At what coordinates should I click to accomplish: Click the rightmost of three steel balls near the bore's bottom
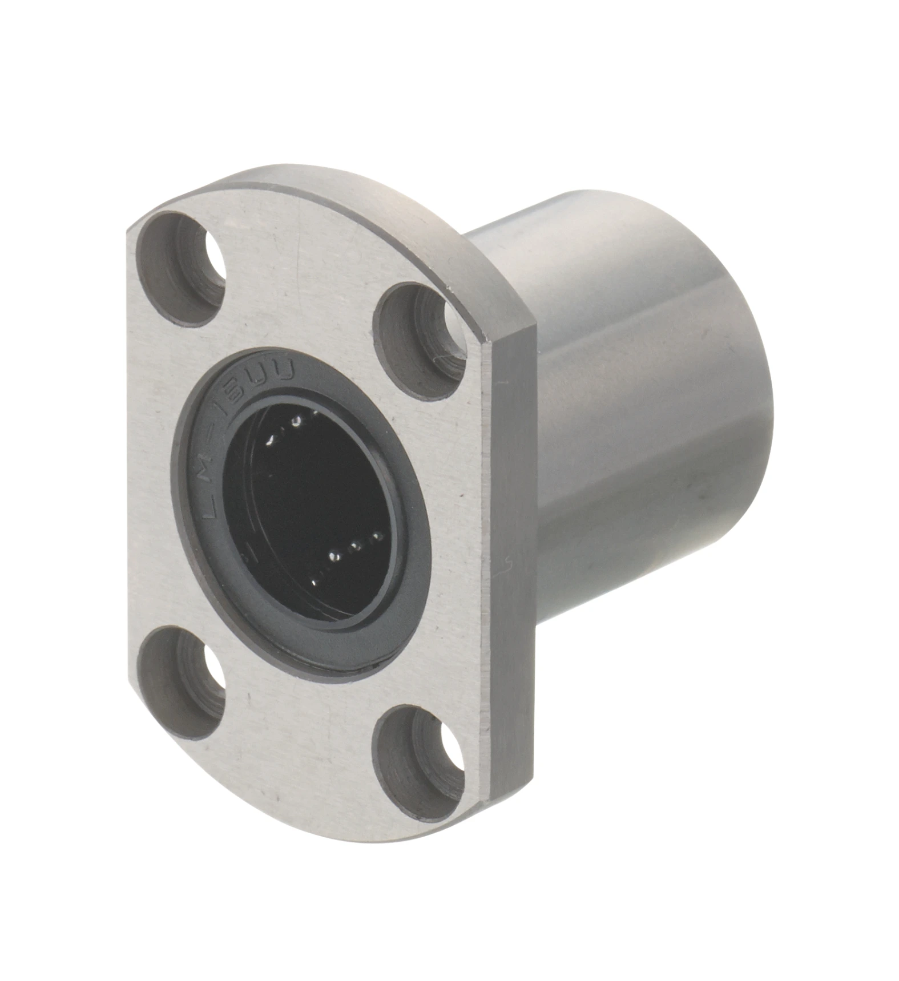click(x=376, y=536)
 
